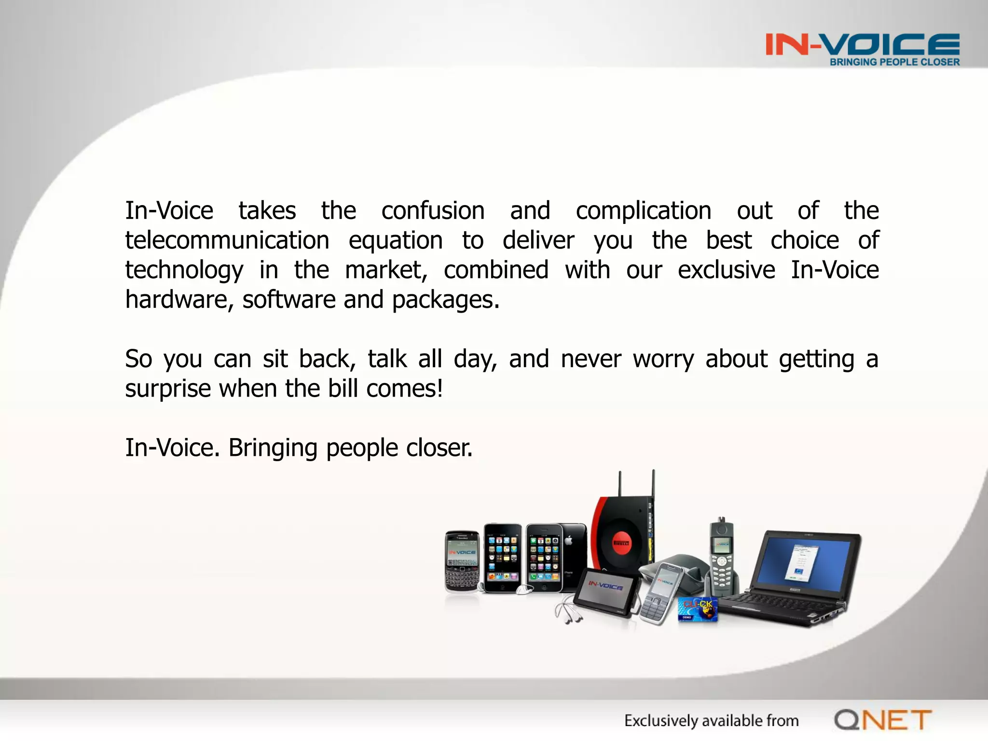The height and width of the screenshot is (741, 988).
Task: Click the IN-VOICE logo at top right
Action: pos(862,44)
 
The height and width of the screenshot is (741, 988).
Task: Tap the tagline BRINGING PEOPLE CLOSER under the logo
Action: pos(894,62)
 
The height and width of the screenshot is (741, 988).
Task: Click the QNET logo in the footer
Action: pos(882,720)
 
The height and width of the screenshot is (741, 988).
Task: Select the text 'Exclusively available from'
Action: pos(711,721)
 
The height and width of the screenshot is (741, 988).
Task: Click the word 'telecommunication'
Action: pos(227,240)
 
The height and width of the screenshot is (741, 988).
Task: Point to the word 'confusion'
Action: pos(433,211)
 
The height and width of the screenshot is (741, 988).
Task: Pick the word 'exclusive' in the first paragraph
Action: pos(726,270)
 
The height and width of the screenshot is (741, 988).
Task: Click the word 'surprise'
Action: pos(168,389)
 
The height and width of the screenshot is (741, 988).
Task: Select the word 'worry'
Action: pos(663,359)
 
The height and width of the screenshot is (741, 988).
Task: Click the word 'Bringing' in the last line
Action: pos(273,448)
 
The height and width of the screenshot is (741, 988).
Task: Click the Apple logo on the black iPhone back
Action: pos(568,541)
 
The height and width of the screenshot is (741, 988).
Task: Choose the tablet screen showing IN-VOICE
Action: pos(605,590)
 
